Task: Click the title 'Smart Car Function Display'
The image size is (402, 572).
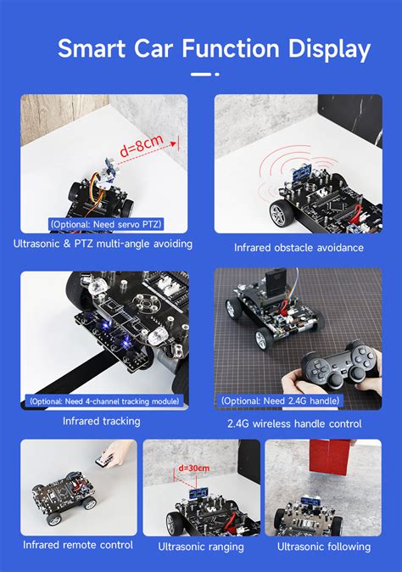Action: tap(214, 49)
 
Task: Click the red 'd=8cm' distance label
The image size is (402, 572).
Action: tap(141, 149)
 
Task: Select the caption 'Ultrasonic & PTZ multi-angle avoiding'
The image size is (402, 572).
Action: tap(103, 244)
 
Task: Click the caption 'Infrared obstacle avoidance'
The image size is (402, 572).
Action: tap(299, 248)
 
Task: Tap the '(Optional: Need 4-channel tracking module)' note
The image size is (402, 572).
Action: tap(104, 401)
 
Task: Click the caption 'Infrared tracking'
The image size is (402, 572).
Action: tap(102, 421)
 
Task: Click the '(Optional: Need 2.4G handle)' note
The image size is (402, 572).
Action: tap(281, 401)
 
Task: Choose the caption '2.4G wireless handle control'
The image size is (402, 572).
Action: tap(294, 423)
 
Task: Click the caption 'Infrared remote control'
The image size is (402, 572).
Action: tap(78, 545)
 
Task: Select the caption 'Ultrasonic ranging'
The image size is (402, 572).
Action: tap(202, 547)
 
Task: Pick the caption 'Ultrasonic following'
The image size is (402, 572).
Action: tap(323, 547)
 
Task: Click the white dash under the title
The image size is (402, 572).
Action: tap(200, 75)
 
